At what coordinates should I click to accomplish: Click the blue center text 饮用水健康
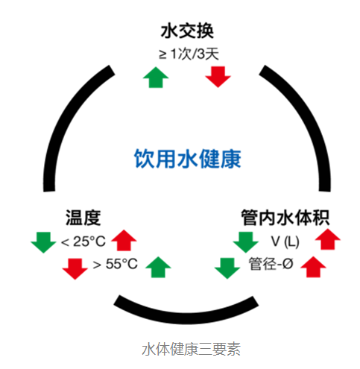click(x=188, y=159)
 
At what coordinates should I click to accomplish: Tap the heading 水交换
click(x=187, y=31)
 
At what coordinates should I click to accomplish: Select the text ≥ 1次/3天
click(x=189, y=54)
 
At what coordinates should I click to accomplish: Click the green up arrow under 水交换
click(x=156, y=78)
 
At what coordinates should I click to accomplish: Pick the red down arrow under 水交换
click(x=218, y=77)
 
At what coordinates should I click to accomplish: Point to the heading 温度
click(x=83, y=218)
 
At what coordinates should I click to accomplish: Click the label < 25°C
click(x=83, y=242)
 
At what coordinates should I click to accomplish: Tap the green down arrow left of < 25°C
click(x=43, y=242)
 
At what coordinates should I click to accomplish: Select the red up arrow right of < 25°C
click(x=124, y=240)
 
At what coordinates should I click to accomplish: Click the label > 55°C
click(x=116, y=264)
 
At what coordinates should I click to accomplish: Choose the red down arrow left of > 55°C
click(x=75, y=269)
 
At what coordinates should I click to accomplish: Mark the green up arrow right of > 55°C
click(x=158, y=267)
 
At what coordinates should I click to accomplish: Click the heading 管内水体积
click(x=285, y=218)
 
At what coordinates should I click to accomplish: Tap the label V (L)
click(x=285, y=242)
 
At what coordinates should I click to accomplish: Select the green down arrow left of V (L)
click(x=246, y=242)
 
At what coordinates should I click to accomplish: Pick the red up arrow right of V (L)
click(x=328, y=239)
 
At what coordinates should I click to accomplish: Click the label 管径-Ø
click(x=271, y=264)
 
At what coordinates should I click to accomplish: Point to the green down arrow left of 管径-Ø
click(x=227, y=268)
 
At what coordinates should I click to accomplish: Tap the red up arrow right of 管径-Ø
click(x=313, y=267)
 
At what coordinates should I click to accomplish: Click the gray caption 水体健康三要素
click(x=192, y=349)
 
